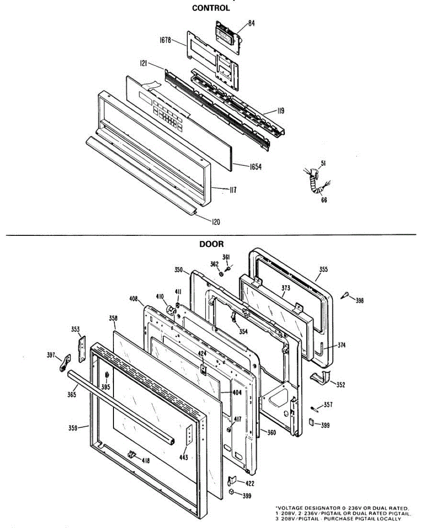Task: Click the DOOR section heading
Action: pyautogui.click(x=211, y=244)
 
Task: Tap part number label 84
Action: pyautogui.click(x=251, y=24)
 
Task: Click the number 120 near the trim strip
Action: pyautogui.click(x=215, y=222)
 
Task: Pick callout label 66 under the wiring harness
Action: pyautogui.click(x=324, y=200)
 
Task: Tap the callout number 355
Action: pyautogui.click(x=323, y=269)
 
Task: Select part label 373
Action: pyautogui.click(x=286, y=288)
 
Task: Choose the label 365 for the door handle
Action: pyautogui.click(x=72, y=395)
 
